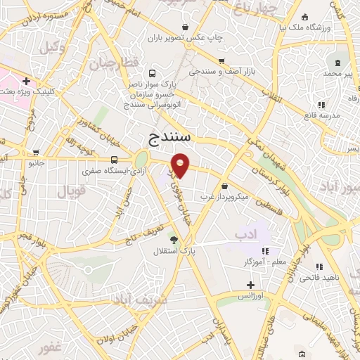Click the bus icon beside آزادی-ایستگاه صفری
coord(114,160)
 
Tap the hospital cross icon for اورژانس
coord(251,285)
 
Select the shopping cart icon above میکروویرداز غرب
coord(224,186)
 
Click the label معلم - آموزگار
coord(264,262)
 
